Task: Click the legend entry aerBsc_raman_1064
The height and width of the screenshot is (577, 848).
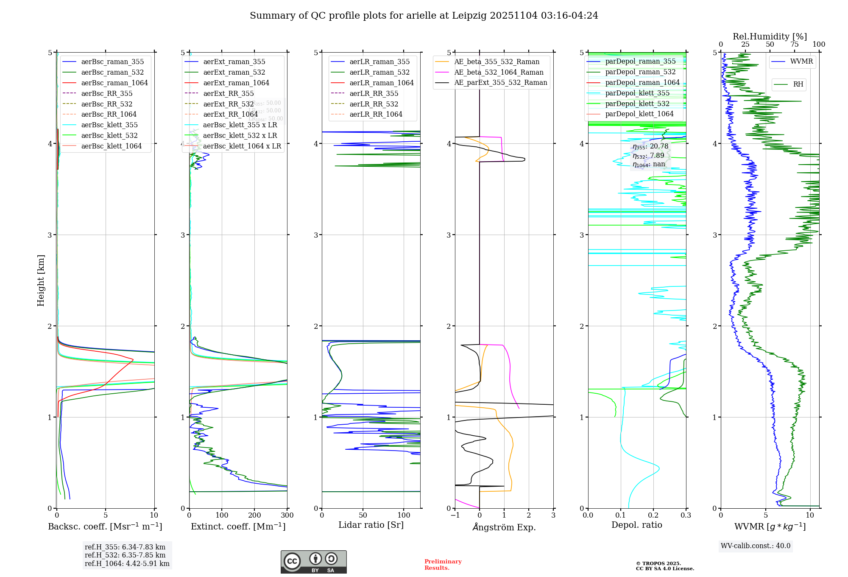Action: (114, 83)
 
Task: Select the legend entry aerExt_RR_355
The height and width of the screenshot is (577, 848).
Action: (228, 93)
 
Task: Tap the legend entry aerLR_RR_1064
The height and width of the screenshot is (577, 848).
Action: (376, 114)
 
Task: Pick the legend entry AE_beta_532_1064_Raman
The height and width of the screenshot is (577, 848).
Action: (499, 72)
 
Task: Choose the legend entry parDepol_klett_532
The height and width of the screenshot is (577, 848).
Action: (637, 104)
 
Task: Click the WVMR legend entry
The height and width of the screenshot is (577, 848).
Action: (801, 62)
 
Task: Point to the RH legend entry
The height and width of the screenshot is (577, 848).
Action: (798, 84)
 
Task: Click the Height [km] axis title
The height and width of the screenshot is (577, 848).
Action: (41, 280)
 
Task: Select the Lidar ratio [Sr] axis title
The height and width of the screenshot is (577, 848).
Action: (371, 525)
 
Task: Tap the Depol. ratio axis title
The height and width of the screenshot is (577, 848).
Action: (636, 525)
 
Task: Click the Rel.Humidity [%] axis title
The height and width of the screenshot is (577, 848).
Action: (770, 36)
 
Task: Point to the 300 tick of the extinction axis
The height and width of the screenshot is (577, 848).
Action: (287, 515)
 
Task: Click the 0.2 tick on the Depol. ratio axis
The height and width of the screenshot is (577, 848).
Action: (653, 515)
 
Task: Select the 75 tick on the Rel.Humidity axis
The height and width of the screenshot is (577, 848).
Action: (794, 45)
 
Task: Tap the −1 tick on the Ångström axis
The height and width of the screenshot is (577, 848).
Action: (455, 515)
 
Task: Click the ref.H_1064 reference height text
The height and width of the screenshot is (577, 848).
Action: (127, 564)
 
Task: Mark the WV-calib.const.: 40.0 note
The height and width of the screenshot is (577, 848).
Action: (756, 546)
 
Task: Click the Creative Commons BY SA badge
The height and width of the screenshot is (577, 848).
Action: (313, 562)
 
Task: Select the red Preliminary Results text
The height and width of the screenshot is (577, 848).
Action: (443, 565)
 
